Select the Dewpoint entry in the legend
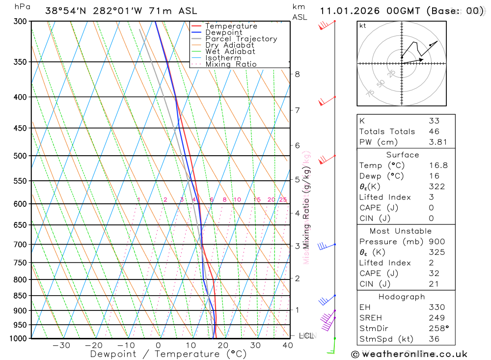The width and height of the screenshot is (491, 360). pyautogui.click(x=223, y=33)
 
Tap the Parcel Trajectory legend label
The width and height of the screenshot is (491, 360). pyautogui.click(x=241, y=39)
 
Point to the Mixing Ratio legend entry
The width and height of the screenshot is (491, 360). pyautogui.click(x=231, y=64)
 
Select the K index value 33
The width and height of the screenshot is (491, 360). pyautogui.click(x=434, y=121)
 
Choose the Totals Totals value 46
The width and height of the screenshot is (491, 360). pyautogui.click(x=434, y=132)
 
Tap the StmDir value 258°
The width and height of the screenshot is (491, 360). pyautogui.click(x=438, y=329)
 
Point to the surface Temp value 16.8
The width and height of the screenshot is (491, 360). pyautogui.click(x=438, y=166)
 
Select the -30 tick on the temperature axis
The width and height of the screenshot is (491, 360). pyautogui.click(x=61, y=345)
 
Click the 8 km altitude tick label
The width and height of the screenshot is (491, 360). pyautogui.click(x=297, y=74)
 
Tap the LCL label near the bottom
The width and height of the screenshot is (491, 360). pyautogui.click(x=306, y=336)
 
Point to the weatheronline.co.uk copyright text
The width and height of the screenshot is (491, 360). pyautogui.click(x=409, y=354)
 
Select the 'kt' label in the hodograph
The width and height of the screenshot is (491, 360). pyautogui.click(x=363, y=26)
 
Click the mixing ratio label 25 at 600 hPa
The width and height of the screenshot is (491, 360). pyautogui.click(x=283, y=199)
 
